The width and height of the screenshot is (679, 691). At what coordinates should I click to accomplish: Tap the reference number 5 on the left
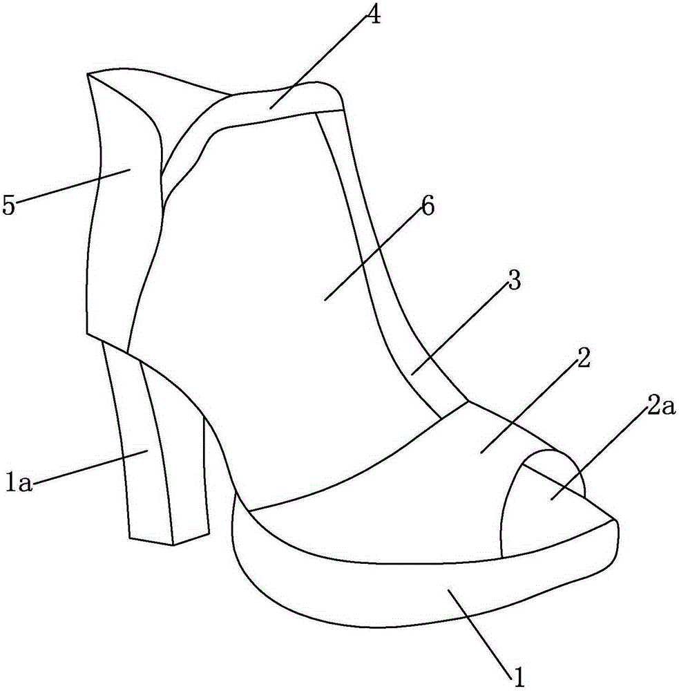8,205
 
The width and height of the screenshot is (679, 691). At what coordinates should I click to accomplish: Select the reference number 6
428,205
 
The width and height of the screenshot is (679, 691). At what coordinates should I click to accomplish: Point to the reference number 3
514,280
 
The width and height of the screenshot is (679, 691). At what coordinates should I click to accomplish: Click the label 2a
661,408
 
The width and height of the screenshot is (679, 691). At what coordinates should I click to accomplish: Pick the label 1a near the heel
19,481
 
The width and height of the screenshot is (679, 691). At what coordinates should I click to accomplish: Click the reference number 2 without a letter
583,359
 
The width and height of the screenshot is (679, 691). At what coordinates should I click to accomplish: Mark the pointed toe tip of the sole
615,521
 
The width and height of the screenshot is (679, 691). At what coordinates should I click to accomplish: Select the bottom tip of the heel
173,545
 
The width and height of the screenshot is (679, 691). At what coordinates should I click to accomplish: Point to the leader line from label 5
73,185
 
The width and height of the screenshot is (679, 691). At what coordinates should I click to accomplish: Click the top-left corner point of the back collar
88,74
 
